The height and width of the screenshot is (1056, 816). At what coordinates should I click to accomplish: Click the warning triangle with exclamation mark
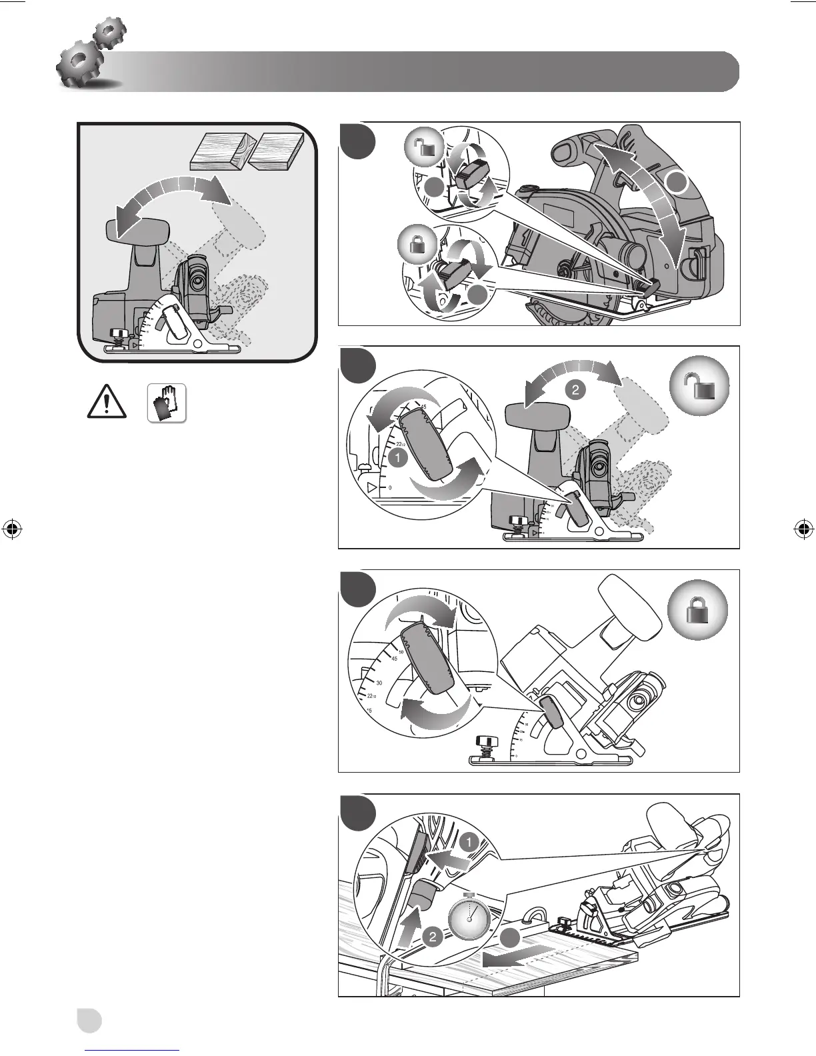[107, 403]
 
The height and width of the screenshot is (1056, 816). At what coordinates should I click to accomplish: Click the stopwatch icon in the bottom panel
[469, 919]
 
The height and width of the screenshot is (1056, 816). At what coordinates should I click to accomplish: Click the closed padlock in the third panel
[698, 608]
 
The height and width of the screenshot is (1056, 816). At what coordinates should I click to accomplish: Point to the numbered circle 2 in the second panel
[575, 390]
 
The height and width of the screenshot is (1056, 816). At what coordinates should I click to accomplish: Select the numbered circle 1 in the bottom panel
[469, 842]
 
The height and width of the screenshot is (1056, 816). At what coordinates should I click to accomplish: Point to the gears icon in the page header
[91, 56]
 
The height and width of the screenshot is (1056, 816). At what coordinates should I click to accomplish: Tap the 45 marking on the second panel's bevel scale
[423, 407]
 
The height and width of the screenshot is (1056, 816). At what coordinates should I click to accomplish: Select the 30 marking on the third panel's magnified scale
[379, 683]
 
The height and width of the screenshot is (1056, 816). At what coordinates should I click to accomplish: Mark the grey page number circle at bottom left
[88, 1021]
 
